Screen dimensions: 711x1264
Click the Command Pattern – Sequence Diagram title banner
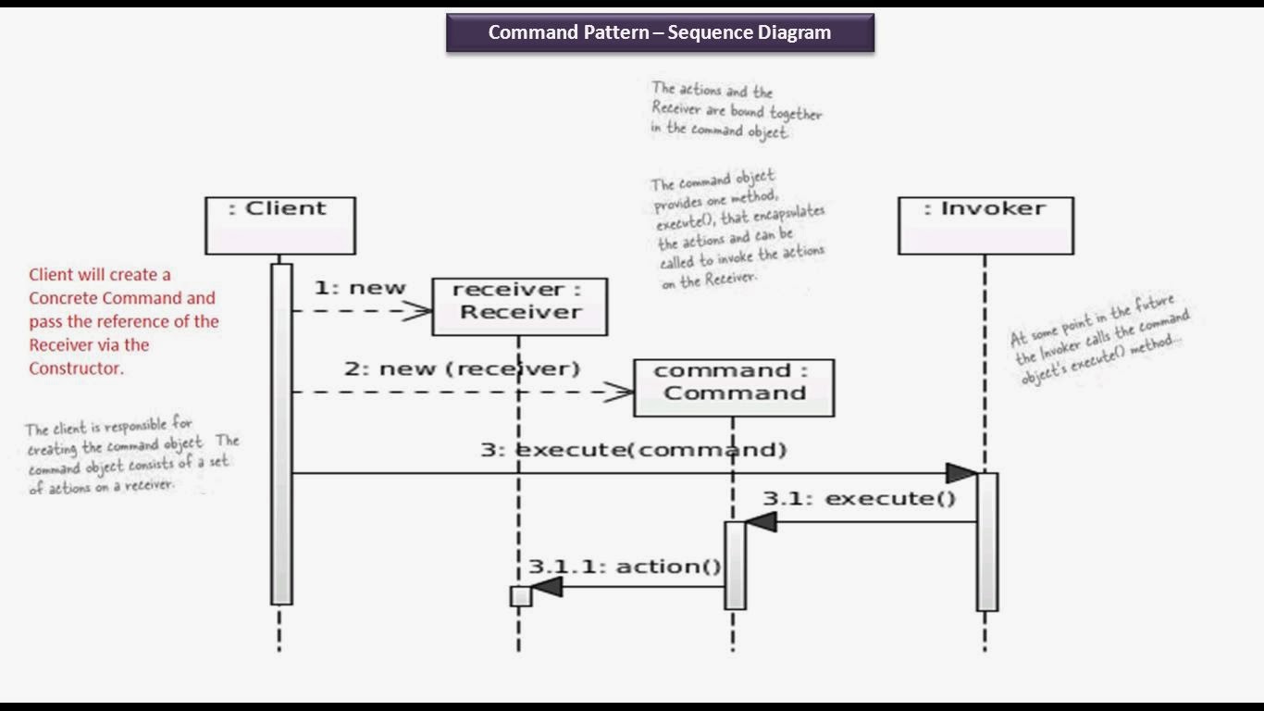(660, 32)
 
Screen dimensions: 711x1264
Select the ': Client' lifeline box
(279, 225)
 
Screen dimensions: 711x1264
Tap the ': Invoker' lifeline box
(985, 225)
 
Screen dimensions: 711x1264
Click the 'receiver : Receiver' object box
(519, 306)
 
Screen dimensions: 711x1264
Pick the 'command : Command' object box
(733, 387)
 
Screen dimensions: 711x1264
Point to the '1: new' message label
(360, 288)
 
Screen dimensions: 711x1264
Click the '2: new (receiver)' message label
(462, 368)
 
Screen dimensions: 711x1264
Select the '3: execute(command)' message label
(633, 450)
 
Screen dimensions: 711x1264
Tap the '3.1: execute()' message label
(859, 499)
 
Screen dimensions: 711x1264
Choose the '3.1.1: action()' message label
(625, 567)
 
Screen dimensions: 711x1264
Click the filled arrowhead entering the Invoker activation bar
(961, 474)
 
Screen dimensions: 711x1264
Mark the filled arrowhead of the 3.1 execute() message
(761, 522)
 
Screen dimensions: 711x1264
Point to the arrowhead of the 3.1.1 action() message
(548, 587)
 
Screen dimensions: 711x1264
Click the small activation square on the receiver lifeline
(521, 596)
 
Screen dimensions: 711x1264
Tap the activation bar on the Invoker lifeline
(987, 542)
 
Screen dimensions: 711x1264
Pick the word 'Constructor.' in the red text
(76, 368)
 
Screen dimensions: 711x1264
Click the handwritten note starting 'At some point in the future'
(1099, 341)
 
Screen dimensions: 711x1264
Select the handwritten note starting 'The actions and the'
(736, 110)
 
